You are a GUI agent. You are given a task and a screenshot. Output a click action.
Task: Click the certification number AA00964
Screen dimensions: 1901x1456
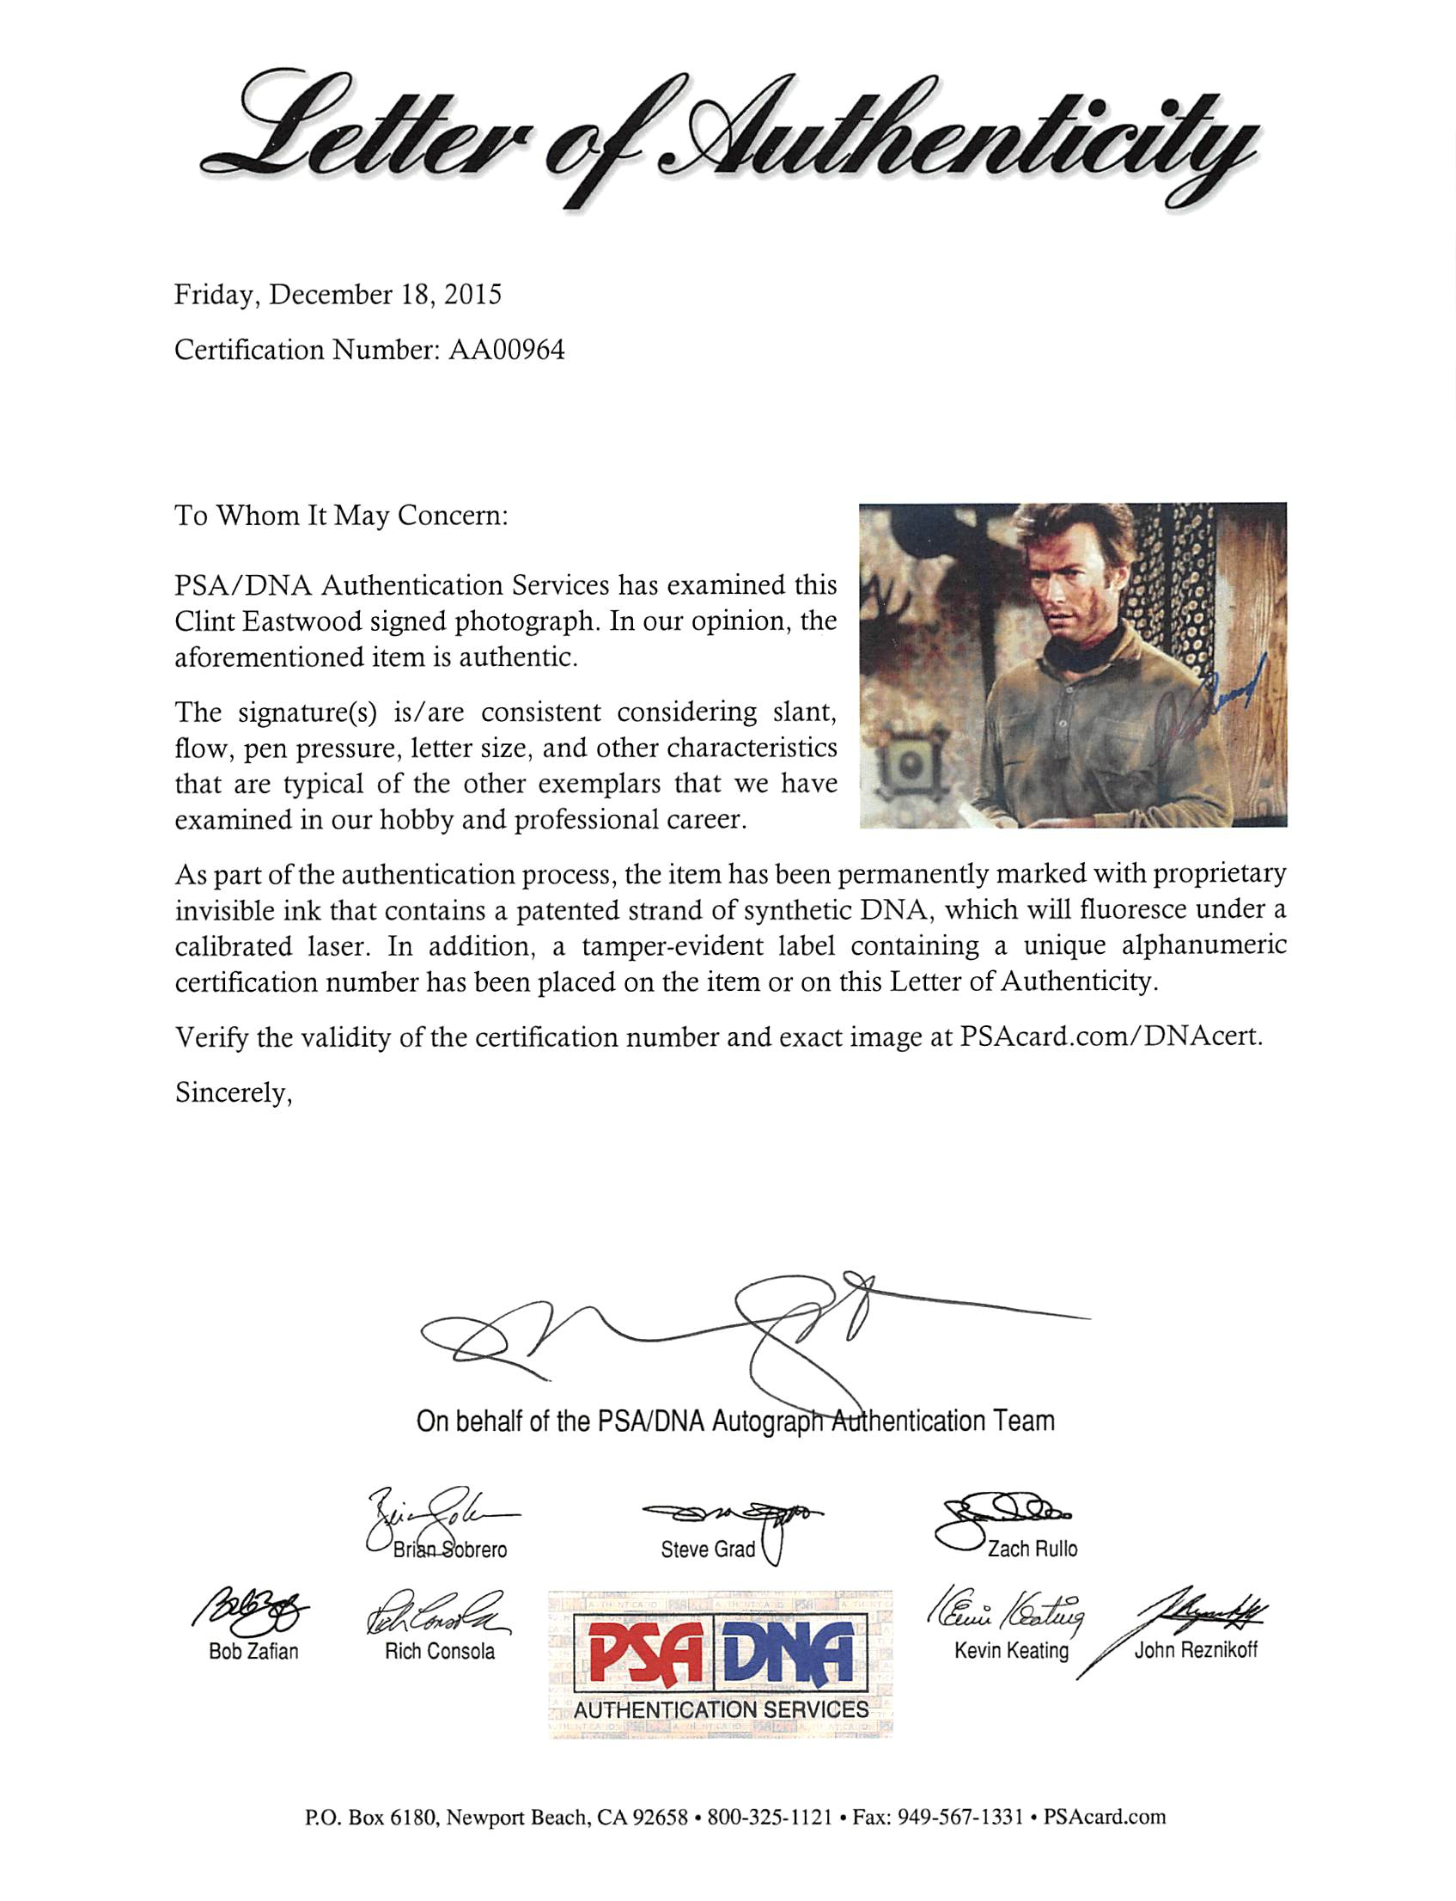coord(506,351)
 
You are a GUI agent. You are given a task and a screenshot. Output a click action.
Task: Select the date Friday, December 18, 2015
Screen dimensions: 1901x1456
coord(338,296)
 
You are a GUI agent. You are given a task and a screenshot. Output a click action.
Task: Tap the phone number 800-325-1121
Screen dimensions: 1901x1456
coord(770,1816)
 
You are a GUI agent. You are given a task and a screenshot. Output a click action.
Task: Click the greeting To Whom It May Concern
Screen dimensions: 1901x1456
coord(342,516)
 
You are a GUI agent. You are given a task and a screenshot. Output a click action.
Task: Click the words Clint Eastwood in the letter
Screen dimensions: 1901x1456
coord(265,621)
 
